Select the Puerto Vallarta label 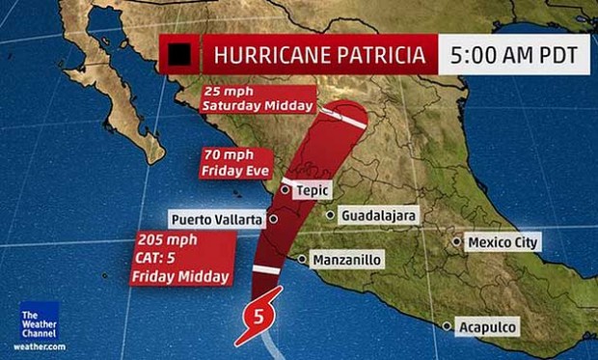(217, 219)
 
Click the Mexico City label (502, 242)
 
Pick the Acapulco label (488, 327)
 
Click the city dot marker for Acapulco (447, 327)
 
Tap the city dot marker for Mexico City (458, 242)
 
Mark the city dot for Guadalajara (330, 216)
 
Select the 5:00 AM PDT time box (518, 55)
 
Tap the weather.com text (40, 346)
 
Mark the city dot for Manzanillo (303, 260)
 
